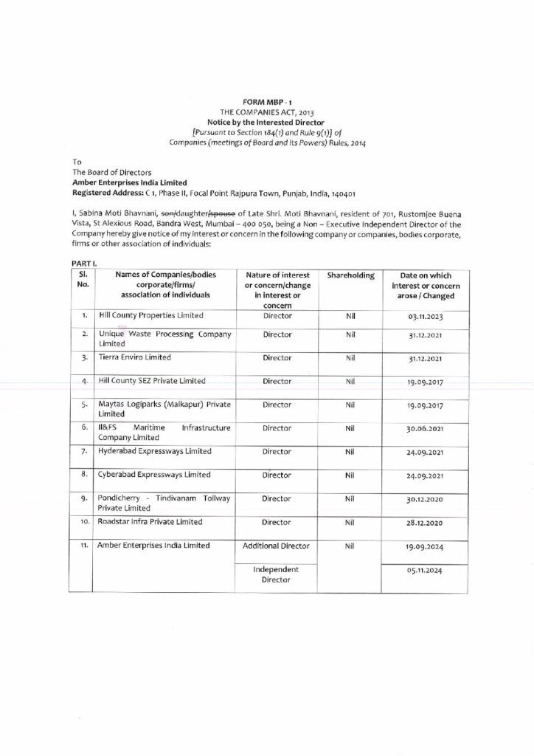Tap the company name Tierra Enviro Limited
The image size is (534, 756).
[134, 357]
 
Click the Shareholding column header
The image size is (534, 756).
[350, 275]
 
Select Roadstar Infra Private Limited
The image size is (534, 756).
[150, 522]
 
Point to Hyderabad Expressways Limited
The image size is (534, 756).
[154, 451]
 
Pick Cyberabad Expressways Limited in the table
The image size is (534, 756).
[154, 475]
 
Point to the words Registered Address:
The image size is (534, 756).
[103, 193]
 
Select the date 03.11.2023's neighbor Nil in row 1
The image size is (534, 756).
[350, 316]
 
